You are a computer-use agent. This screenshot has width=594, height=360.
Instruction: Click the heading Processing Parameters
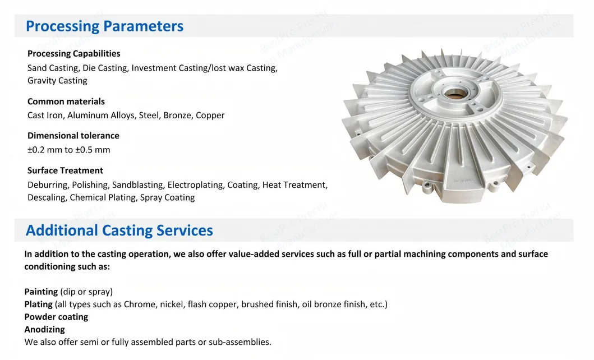click(104, 26)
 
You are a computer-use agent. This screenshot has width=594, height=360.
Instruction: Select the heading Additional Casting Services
click(119, 230)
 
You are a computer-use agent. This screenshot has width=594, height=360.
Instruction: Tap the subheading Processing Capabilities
click(73, 54)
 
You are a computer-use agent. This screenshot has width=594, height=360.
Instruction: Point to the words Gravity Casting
click(57, 81)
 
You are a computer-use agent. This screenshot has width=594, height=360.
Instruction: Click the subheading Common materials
click(66, 101)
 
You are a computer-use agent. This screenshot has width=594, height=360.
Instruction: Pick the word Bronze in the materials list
click(177, 116)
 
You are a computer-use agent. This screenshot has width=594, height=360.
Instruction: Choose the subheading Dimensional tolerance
click(73, 136)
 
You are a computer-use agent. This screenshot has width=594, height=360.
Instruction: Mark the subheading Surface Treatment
click(65, 170)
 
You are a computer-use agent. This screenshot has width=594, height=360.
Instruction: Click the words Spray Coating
click(167, 197)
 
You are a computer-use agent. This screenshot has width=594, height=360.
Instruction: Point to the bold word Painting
click(41, 292)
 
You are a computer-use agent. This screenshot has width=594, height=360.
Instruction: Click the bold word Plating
click(39, 304)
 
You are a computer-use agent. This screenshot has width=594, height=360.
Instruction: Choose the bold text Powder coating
click(56, 317)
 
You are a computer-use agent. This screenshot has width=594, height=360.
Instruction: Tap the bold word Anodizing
click(44, 330)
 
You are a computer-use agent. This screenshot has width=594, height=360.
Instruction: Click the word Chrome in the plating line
click(136, 304)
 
